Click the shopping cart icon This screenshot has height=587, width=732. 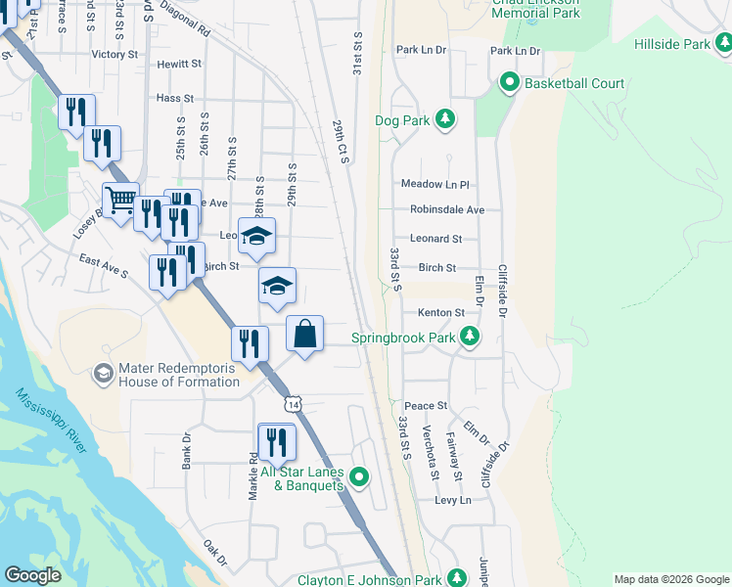click(x=120, y=202)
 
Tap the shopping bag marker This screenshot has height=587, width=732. click(x=305, y=334)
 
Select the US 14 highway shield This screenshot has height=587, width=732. click(x=294, y=402)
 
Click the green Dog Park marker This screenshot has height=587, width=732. click(x=445, y=120)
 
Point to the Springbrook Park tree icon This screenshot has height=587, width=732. click(x=471, y=338)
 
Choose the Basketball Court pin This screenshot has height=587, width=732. click(x=509, y=83)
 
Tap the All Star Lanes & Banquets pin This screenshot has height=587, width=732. click(x=359, y=477)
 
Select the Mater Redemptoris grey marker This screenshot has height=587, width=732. click(x=103, y=374)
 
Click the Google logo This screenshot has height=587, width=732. click(x=32, y=574)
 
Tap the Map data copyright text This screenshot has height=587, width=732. click(x=671, y=579)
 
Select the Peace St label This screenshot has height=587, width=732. click(x=426, y=405)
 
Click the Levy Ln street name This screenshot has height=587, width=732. click(x=452, y=500)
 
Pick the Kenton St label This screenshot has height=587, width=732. click(x=440, y=313)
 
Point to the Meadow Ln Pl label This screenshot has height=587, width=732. click(x=435, y=184)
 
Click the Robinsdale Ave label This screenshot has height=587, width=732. click(x=447, y=209)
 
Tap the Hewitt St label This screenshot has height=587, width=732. click(x=179, y=64)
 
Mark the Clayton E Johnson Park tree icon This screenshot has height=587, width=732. click(x=457, y=577)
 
